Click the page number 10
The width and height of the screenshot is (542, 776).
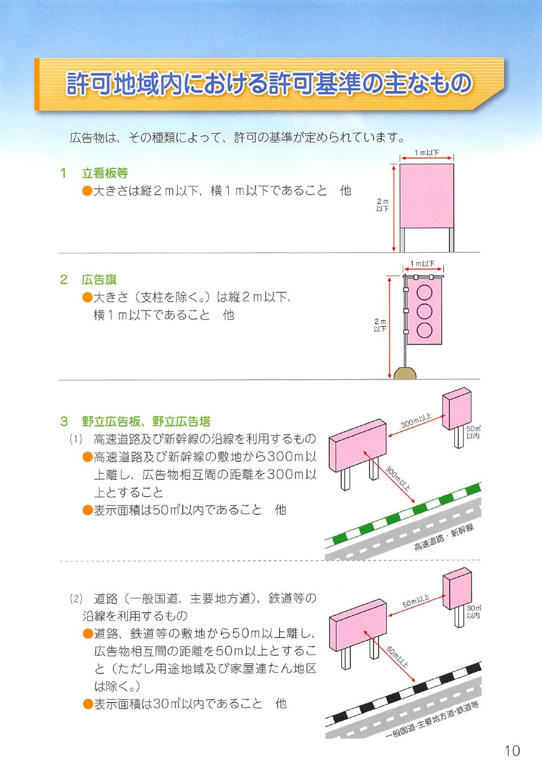[512, 751]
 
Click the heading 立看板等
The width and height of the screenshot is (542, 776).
[105, 173]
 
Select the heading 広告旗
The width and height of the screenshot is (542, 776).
[99, 280]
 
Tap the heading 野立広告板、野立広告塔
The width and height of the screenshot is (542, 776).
[146, 421]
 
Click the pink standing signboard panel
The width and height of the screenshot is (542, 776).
[426, 196]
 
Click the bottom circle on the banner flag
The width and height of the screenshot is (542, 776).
[424, 329]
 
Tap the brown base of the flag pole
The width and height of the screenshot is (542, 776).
[404, 373]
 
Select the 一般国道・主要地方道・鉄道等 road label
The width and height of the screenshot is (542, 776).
[433, 724]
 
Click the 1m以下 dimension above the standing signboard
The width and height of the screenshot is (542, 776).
[427, 153]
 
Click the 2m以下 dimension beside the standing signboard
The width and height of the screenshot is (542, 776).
[383, 205]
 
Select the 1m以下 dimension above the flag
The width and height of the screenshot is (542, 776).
[423, 264]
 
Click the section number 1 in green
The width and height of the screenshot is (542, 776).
[63, 173]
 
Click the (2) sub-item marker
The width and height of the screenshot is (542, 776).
[75, 599]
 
